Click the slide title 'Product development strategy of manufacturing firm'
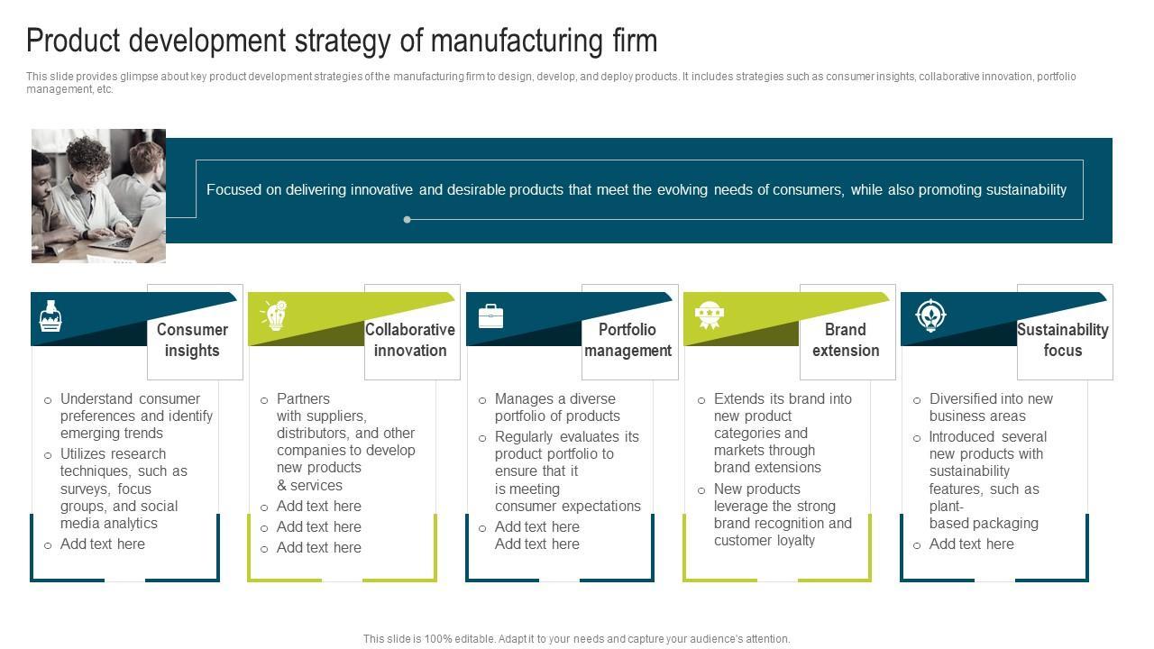point(342,41)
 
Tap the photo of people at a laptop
point(98,196)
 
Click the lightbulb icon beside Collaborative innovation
point(274,315)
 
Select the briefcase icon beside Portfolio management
point(490,315)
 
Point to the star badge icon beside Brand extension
point(710,315)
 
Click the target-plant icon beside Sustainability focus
point(929,315)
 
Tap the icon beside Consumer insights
point(50,316)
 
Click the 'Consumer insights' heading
point(192,340)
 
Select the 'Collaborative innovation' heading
point(410,340)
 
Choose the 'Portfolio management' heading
point(627,340)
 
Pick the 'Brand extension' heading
point(846,340)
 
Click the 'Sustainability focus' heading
point(1063,340)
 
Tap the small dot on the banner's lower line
point(408,219)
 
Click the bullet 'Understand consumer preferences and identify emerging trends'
point(135,416)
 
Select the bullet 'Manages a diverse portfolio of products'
point(556,407)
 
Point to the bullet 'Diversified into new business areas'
point(990,407)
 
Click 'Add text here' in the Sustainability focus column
point(971,544)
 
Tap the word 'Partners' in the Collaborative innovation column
point(303,398)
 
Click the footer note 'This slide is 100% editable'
point(576,639)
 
